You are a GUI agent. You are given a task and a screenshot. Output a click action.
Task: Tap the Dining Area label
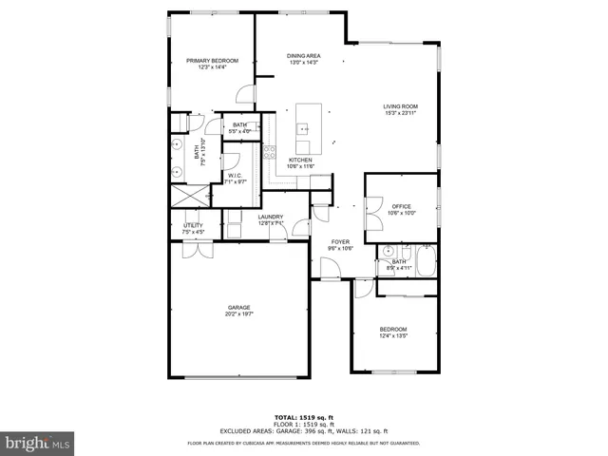(x=302, y=59)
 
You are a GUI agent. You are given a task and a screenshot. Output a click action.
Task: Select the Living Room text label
(x=400, y=109)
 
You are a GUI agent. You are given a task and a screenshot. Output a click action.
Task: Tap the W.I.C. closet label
(x=237, y=178)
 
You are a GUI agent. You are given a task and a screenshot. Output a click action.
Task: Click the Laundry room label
(x=271, y=219)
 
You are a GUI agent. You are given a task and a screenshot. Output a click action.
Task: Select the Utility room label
(x=193, y=228)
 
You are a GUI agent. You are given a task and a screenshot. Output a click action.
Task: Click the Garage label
(x=238, y=310)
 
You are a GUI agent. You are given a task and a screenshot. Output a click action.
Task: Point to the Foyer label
(x=340, y=245)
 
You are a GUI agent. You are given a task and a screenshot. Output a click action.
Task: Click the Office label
(x=402, y=209)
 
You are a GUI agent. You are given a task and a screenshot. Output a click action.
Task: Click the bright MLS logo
(x=38, y=441)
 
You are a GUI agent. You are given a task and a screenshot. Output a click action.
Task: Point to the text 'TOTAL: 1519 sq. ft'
(x=304, y=417)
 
